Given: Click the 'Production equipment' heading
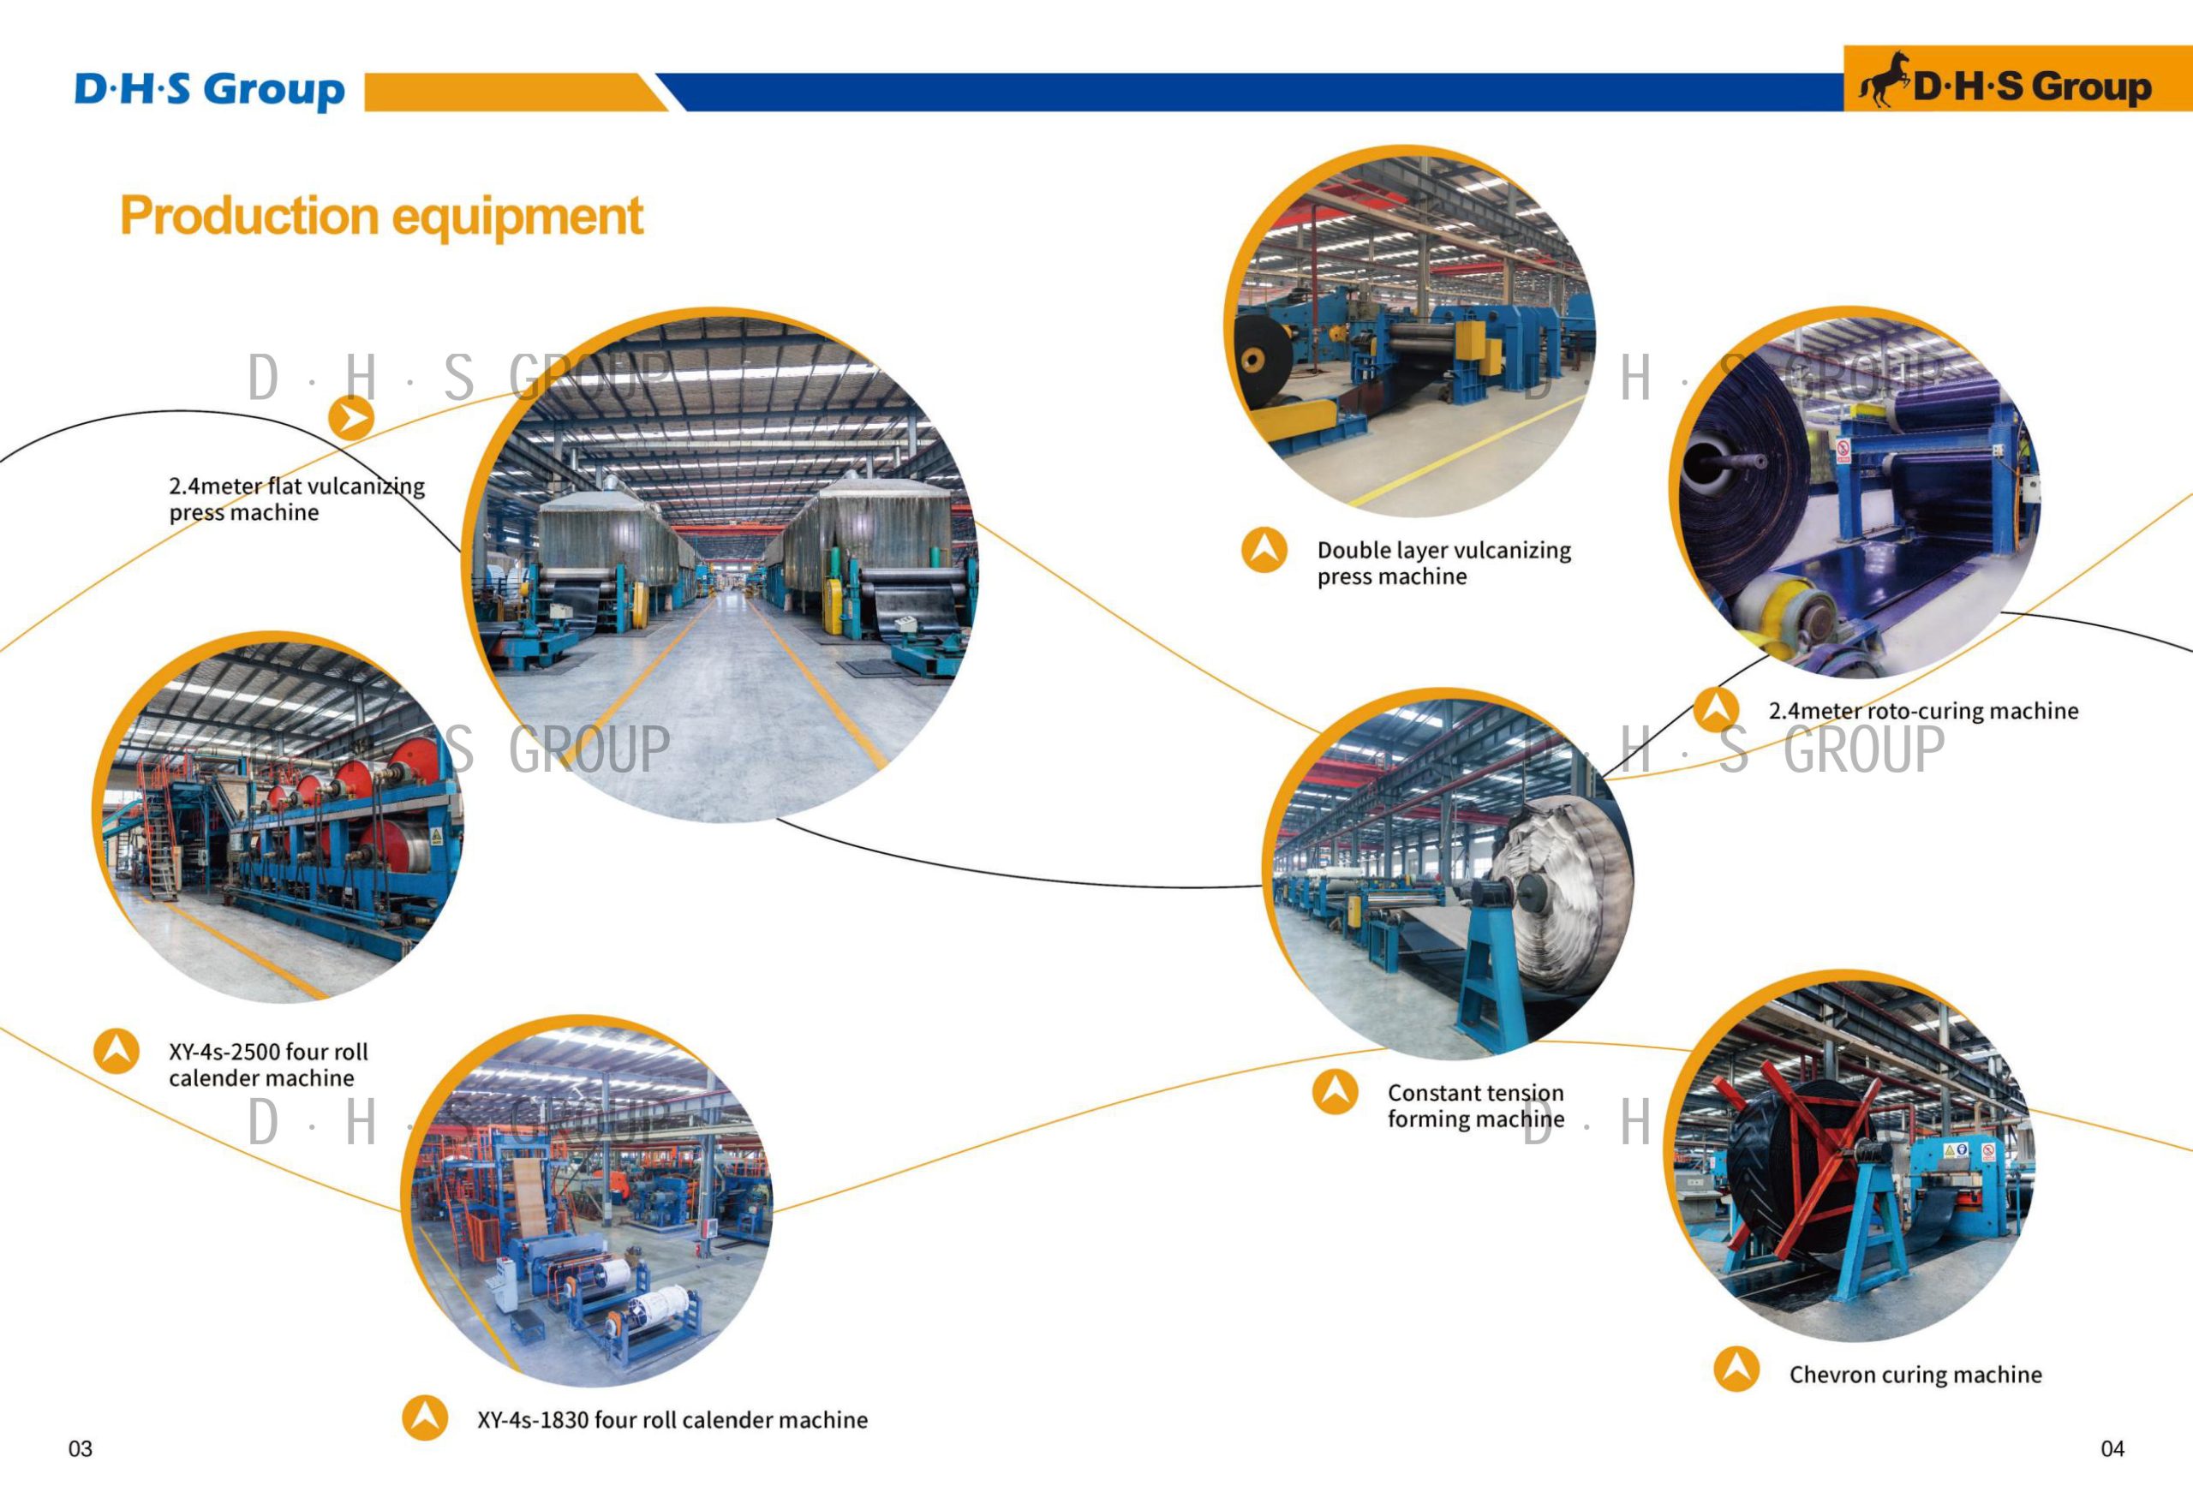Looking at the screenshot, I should coord(381,216).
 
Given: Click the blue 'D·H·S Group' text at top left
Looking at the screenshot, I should coord(210,91).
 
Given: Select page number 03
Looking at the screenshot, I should coord(81,1449).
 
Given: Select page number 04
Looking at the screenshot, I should coord(2112,1449).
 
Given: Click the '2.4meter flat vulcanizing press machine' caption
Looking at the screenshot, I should coord(296,499).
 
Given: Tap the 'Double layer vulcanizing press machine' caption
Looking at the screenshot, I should coord(1443,564).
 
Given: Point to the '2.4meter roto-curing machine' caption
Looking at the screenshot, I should coord(1923,711).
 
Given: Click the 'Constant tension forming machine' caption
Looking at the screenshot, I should coord(1476,1106).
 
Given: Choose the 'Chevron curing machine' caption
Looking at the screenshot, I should coord(1915,1375).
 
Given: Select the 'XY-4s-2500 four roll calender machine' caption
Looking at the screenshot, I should coord(268,1065).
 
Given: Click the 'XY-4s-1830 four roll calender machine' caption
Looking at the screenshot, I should coord(672,1420).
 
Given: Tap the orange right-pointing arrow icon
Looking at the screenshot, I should coord(351,418).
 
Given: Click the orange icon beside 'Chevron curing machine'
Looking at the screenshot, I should coord(1736,1369).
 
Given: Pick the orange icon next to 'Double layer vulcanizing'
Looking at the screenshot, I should coord(1264,550).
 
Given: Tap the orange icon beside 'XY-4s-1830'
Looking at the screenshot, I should coord(426,1417).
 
